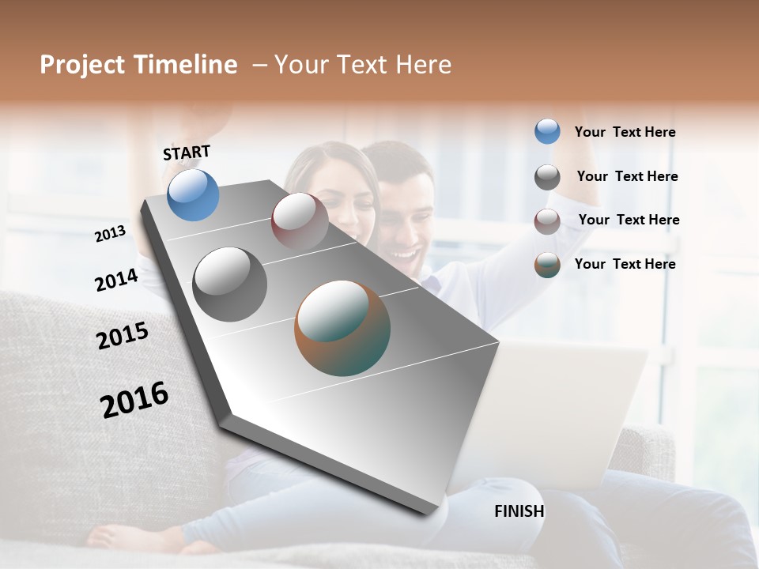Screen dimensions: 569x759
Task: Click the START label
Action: point(187,153)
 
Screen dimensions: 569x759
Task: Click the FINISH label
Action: point(519,511)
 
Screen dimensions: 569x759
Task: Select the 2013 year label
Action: point(110,234)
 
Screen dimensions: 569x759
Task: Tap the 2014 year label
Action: point(116,280)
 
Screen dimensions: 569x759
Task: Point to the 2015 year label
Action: point(123,336)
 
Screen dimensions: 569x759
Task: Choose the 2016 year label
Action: point(134,400)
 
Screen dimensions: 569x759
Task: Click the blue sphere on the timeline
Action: point(193,194)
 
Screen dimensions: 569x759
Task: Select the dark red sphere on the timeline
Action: point(300,220)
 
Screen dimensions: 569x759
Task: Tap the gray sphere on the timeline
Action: point(229,284)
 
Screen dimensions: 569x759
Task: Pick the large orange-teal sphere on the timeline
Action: point(342,328)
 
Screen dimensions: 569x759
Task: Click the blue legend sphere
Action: point(547,131)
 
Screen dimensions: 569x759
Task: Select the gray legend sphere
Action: point(547,177)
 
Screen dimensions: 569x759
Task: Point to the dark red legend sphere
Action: point(547,221)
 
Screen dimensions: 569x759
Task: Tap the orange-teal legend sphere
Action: point(547,266)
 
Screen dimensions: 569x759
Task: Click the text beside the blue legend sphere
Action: point(625,132)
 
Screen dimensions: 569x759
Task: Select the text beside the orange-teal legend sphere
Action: point(625,264)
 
